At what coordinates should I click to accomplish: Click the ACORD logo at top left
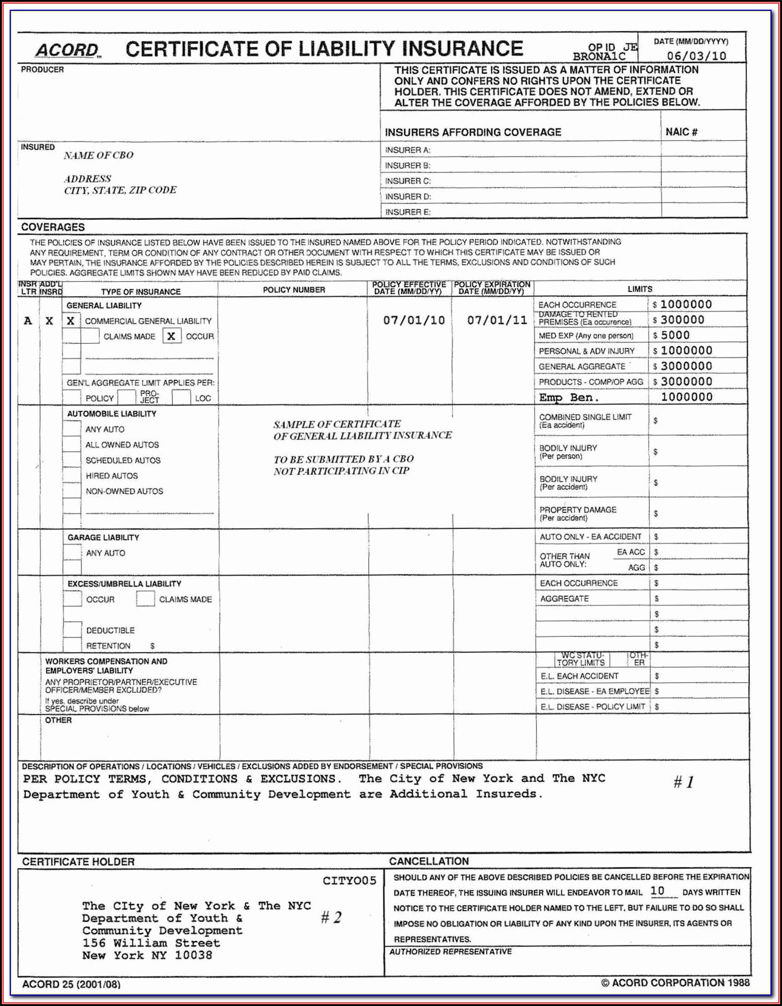[x=67, y=50]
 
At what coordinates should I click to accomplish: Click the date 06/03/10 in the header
[x=696, y=56]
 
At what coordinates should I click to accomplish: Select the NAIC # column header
[x=681, y=132]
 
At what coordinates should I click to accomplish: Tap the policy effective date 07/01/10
[x=414, y=320]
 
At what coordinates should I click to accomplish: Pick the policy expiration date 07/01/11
[x=497, y=320]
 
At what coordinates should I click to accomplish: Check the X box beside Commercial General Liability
[x=71, y=321]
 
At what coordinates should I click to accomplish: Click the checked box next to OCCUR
[x=172, y=336]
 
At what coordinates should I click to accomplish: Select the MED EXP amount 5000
[x=675, y=335]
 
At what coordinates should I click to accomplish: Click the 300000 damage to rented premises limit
[x=683, y=320]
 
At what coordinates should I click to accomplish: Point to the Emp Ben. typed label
[x=568, y=398]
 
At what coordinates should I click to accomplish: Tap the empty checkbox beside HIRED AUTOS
[x=72, y=476]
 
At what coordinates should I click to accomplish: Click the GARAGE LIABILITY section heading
[x=103, y=537]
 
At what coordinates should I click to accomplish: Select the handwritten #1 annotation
[x=684, y=782]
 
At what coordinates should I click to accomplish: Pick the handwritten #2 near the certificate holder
[x=331, y=917]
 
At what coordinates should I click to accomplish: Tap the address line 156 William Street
[x=151, y=943]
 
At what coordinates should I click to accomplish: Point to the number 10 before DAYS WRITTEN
[x=658, y=891]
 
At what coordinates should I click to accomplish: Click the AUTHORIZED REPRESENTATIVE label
[x=450, y=951]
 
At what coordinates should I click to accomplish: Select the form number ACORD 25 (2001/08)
[x=71, y=984]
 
